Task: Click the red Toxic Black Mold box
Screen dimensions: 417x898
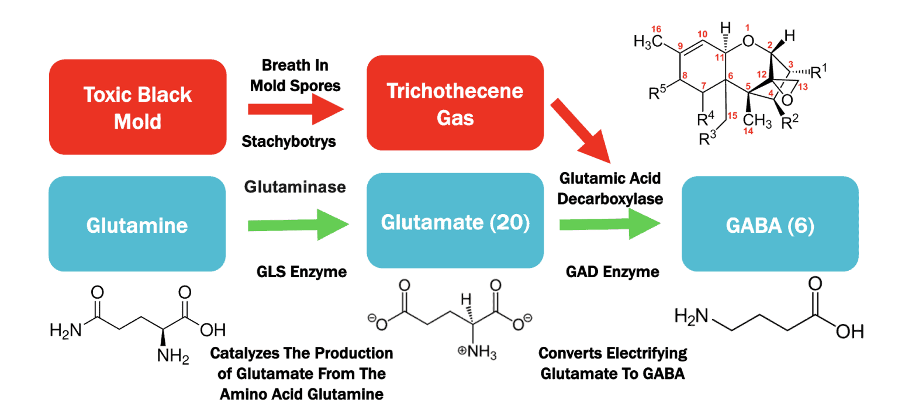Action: pos(137,107)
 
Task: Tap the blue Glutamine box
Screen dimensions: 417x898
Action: pos(137,225)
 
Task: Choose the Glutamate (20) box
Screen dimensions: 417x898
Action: pos(455,223)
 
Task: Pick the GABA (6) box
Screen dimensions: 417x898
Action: pos(770,225)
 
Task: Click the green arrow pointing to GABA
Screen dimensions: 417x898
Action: pos(610,225)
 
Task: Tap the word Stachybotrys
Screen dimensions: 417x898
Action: pos(289,141)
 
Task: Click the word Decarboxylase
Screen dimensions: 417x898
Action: pos(610,198)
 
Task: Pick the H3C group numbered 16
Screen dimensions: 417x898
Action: pos(649,42)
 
